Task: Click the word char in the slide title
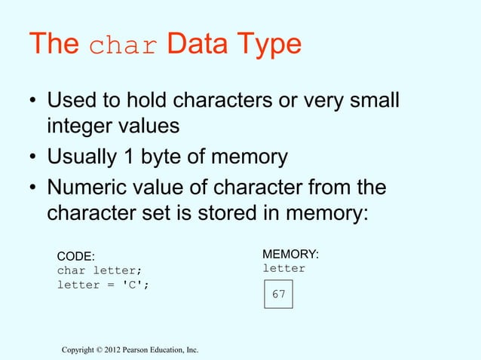click(x=124, y=47)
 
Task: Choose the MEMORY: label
click(x=290, y=254)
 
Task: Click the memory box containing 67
click(x=278, y=294)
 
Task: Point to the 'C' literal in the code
click(x=130, y=285)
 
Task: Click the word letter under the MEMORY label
click(x=283, y=268)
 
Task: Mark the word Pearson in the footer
click(x=148, y=349)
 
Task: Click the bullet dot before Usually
click(x=32, y=158)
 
